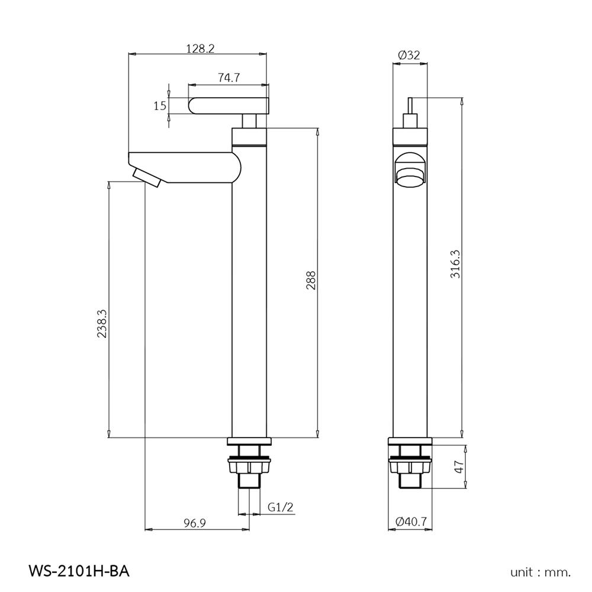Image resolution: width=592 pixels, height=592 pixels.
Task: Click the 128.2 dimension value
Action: [x=200, y=49]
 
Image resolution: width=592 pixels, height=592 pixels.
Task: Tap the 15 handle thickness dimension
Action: [x=159, y=106]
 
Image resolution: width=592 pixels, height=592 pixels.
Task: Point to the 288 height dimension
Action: [x=311, y=281]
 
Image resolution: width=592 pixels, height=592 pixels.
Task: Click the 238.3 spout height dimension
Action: [x=102, y=324]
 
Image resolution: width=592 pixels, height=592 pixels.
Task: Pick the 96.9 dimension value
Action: [x=194, y=523]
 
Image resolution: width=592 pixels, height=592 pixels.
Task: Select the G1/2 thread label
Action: [x=281, y=507]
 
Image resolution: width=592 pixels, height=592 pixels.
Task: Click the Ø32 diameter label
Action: [x=409, y=54]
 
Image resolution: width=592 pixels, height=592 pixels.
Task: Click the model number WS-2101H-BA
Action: [x=78, y=571]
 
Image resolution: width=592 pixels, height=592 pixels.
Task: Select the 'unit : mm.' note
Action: [x=540, y=572]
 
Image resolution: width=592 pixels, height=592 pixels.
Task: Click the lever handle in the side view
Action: [x=229, y=107]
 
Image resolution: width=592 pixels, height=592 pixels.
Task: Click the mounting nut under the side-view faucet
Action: [x=249, y=468]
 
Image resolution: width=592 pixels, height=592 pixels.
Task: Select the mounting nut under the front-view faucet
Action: [x=410, y=468]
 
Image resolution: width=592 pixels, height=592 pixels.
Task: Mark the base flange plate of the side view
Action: [x=249, y=441]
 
